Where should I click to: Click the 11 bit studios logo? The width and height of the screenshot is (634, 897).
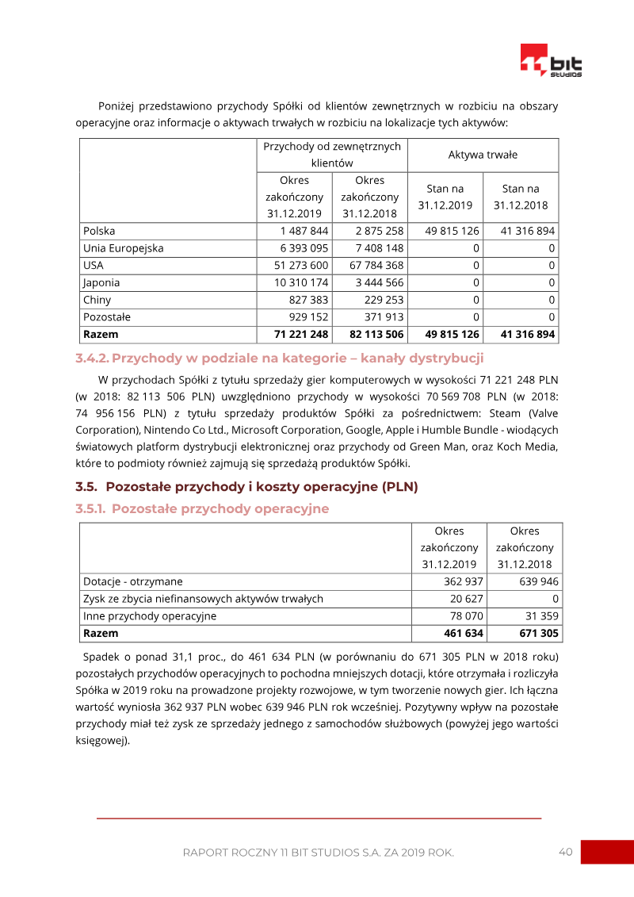point(551,61)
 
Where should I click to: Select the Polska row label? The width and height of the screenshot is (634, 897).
point(99,231)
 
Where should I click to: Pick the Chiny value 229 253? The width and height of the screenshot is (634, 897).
point(383,300)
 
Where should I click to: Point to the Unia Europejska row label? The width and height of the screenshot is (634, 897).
point(123,248)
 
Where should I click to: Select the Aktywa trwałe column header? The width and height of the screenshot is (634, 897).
point(483,155)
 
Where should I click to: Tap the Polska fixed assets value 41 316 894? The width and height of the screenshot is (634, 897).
point(528,231)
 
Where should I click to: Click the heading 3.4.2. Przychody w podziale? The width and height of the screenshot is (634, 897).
point(279,358)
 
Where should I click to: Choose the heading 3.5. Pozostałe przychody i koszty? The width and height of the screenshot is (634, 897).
point(246,487)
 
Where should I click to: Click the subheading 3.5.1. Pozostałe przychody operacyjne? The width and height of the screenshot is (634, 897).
point(202,508)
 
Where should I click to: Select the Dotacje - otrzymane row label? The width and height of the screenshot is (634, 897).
point(132,581)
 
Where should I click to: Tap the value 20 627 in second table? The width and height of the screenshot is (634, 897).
point(467,599)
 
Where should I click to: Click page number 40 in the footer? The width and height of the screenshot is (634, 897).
point(565,852)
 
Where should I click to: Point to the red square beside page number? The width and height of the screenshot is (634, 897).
point(607,852)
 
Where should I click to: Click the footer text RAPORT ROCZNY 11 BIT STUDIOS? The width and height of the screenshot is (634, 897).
point(318,853)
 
